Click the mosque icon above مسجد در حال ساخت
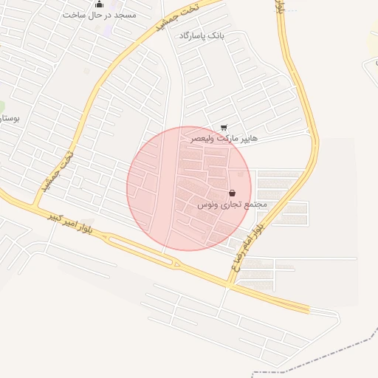click(99, 4)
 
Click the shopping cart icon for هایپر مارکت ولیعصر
click(224, 128)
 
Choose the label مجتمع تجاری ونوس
click(232, 204)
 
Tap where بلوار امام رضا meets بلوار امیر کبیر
click(230, 282)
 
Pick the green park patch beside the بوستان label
click(2, 107)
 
